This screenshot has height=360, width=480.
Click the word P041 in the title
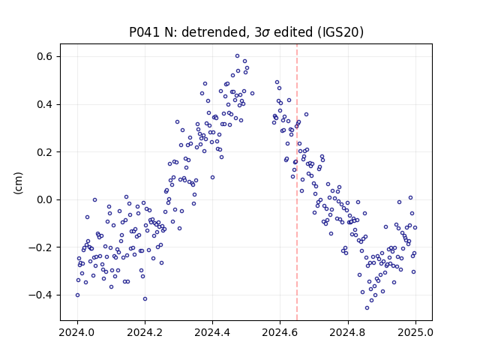[145, 32]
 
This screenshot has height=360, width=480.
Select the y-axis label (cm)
[18, 183]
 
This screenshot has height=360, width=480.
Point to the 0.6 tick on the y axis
[45, 57]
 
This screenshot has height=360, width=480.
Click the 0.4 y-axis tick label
[45, 104]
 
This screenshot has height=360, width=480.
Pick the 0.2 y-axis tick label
[45, 151]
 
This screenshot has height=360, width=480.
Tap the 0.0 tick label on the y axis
[45, 199]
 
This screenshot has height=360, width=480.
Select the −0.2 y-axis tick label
[41, 247]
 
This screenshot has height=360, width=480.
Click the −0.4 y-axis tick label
[41, 295]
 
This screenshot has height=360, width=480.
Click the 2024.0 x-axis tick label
[77, 332]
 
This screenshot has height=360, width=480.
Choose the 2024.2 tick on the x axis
[145, 332]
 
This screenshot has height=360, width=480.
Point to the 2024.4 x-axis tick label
[212, 332]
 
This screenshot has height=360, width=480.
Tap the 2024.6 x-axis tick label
[280, 332]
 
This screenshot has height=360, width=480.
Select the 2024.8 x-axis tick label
[348, 332]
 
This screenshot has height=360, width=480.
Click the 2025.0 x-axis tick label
[415, 332]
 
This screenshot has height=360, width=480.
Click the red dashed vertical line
[297, 182]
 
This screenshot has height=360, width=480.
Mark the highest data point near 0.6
[237, 56]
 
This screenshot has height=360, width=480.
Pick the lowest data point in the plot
[367, 307]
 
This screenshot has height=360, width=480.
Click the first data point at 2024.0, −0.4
[77, 295]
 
